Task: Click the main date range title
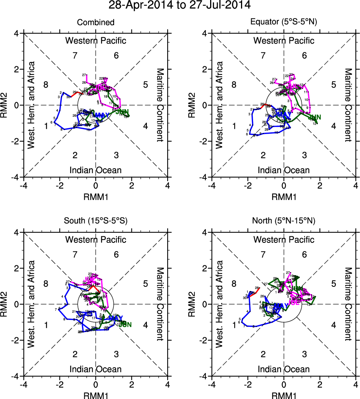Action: [179, 5]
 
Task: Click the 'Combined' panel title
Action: [96, 23]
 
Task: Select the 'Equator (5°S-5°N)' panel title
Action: [284, 23]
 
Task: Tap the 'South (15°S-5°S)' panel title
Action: [96, 221]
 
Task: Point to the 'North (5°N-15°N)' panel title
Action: [284, 221]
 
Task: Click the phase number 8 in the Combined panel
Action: [46, 84]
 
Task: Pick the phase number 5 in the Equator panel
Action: [333, 84]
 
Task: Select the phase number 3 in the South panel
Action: [116, 354]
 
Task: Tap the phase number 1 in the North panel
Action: [234, 325]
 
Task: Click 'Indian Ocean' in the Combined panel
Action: [96, 170]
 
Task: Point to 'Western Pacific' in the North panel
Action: [284, 239]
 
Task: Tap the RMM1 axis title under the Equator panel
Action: [284, 196]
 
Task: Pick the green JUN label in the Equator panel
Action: [314, 117]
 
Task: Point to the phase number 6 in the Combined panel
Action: [116, 56]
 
